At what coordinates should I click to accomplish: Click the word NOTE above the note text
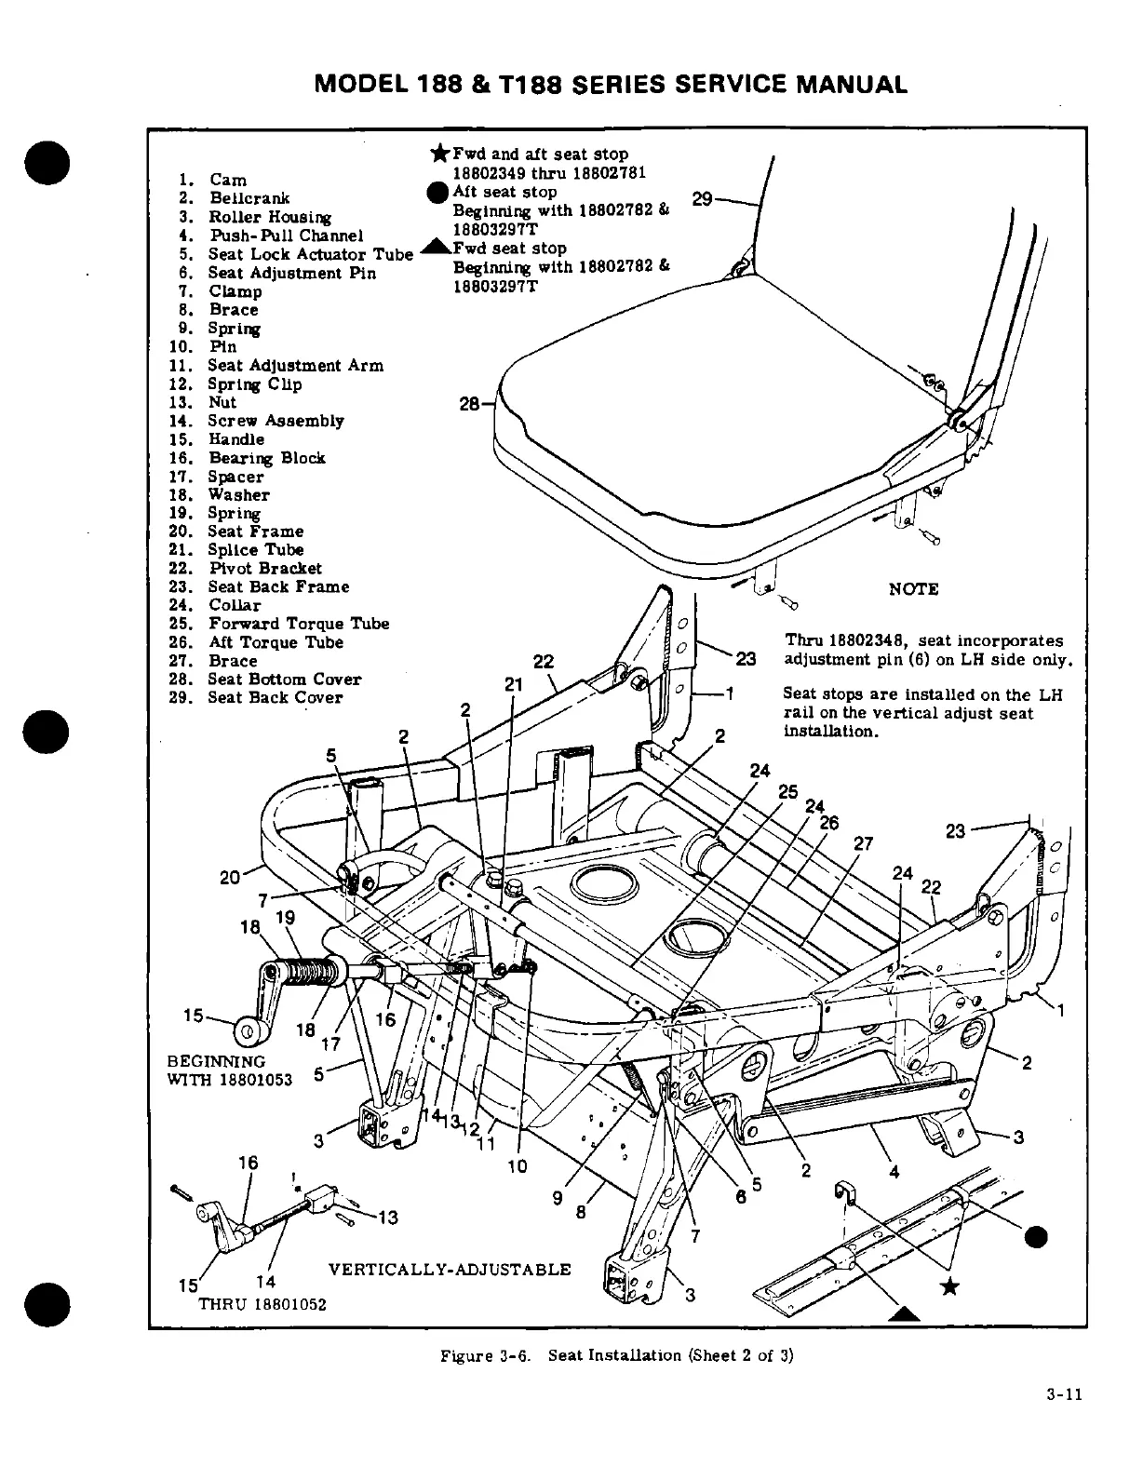point(913,589)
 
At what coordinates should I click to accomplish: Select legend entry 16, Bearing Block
point(266,458)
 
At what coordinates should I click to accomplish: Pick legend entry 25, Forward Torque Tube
point(298,624)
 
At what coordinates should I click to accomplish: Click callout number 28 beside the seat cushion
point(471,404)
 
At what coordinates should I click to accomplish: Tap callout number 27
point(864,844)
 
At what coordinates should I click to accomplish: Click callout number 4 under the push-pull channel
point(894,1172)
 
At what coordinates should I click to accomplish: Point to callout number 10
point(517,1165)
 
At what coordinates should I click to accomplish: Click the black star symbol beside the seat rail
point(949,1287)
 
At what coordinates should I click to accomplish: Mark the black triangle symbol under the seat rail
point(900,1313)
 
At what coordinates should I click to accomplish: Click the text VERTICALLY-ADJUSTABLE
point(450,1270)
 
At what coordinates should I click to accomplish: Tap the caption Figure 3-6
point(484,1355)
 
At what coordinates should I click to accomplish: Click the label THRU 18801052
point(262,1304)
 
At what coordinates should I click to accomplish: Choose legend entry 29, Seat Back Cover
point(275,697)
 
